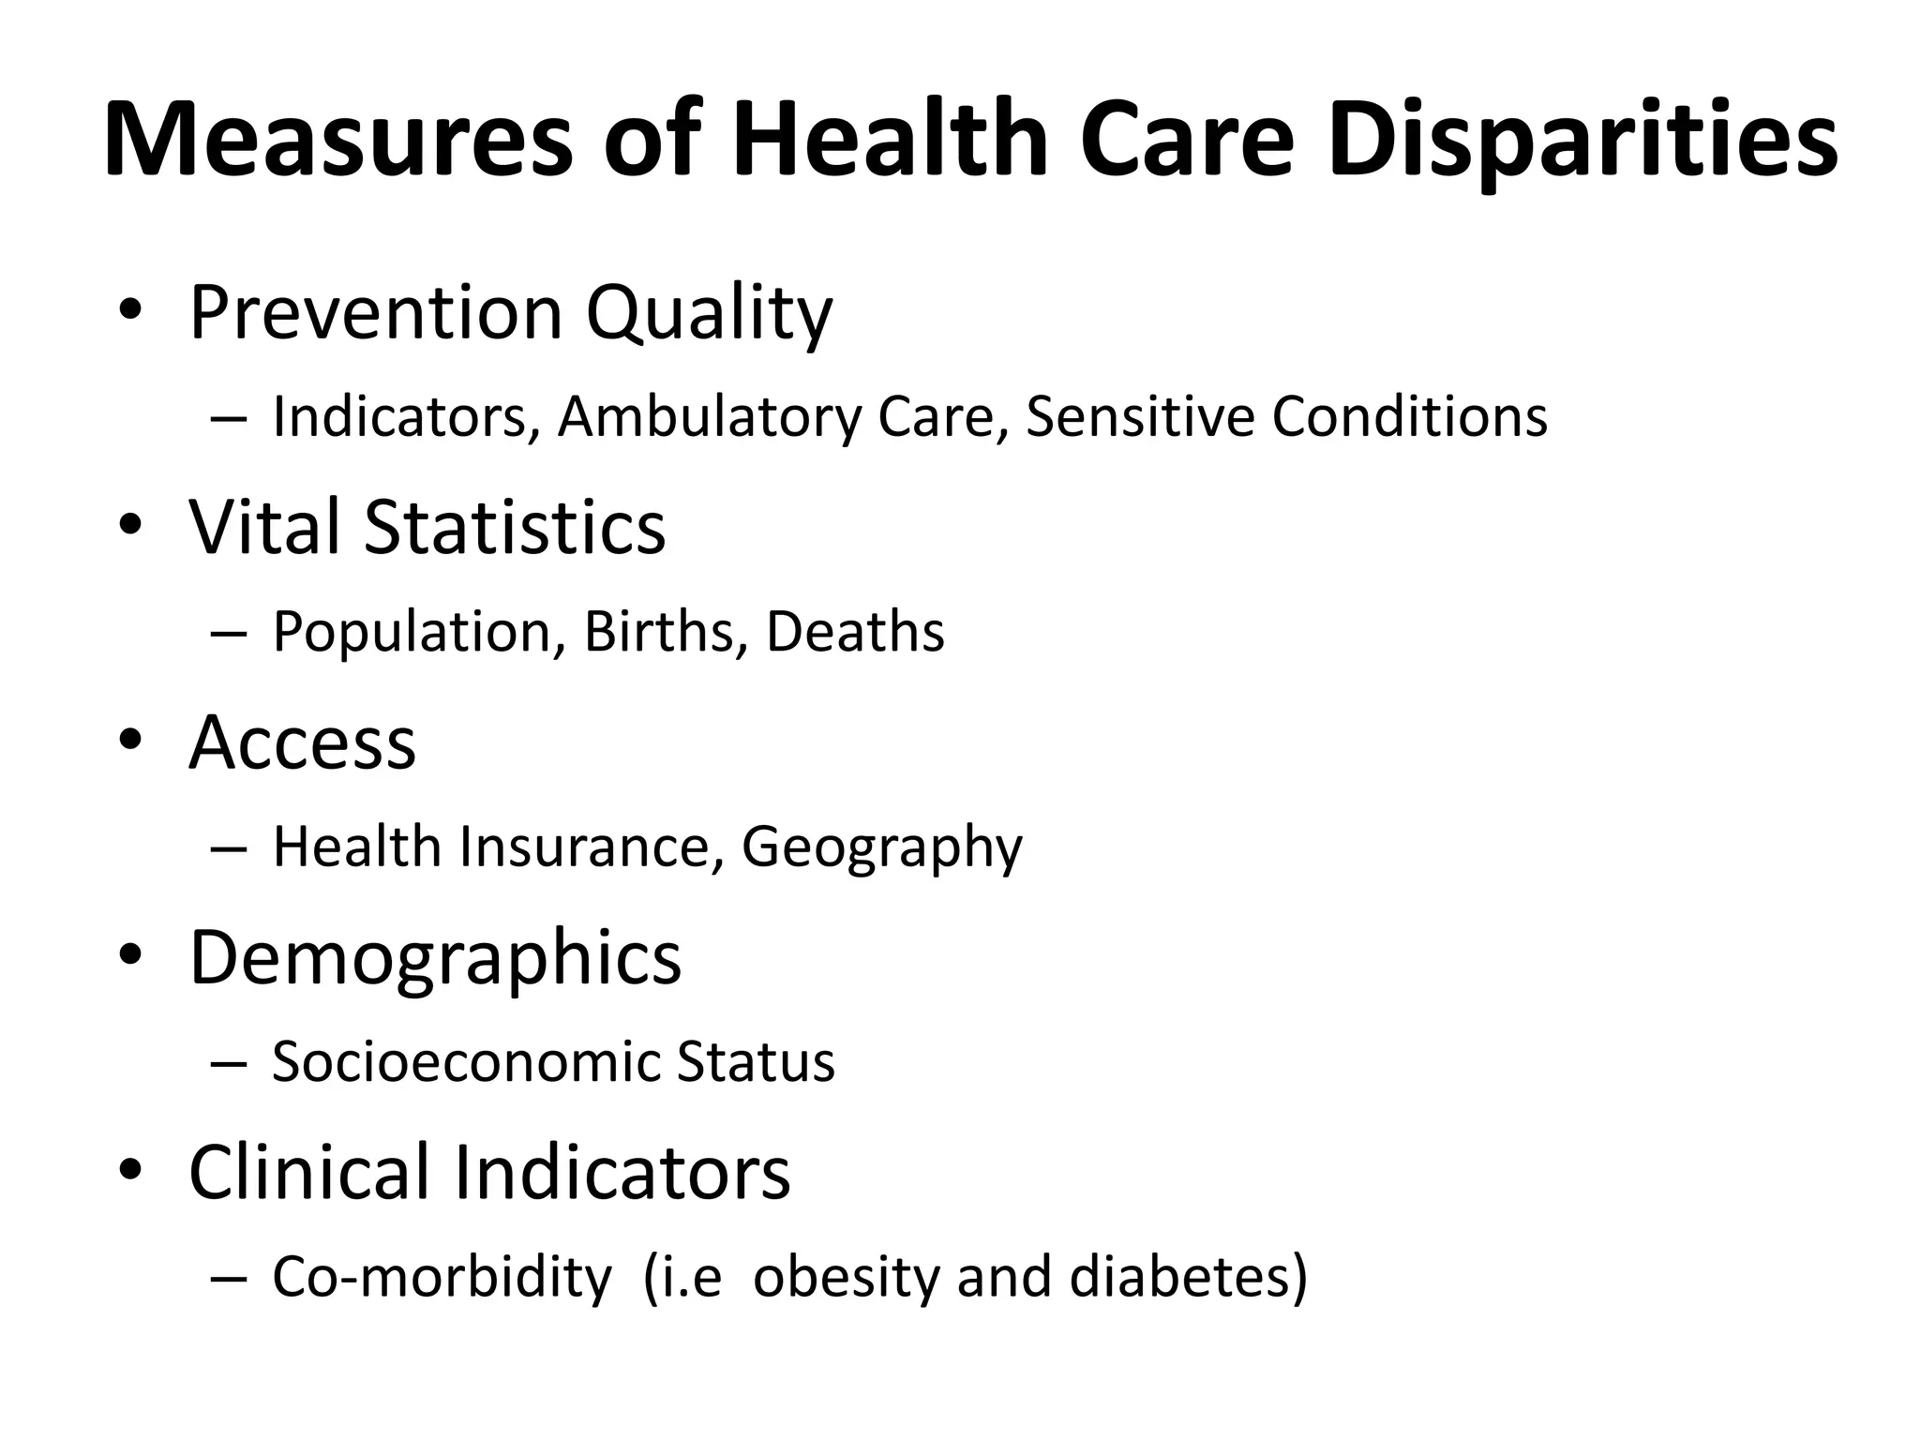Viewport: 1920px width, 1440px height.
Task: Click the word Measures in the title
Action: tap(337, 141)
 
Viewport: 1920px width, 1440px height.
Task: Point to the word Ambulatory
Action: tap(709, 417)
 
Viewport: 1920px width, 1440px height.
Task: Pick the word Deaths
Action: tap(855, 631)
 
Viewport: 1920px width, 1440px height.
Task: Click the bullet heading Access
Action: tap(302, 742)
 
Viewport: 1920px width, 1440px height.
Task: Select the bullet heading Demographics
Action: tap(435, 958)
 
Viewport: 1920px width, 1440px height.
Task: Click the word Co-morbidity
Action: tap(442, 1277)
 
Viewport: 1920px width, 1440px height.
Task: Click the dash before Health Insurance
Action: tap(229, 847)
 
